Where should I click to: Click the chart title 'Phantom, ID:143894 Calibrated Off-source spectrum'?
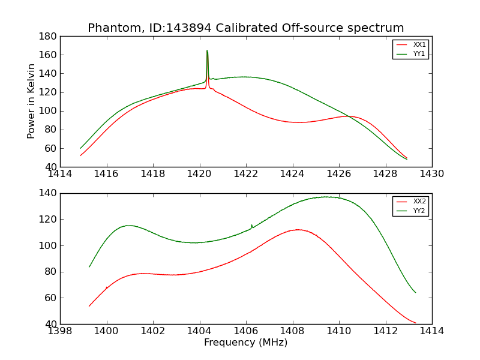[x=245, y=28]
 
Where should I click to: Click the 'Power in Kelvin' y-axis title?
[x=31, y=101]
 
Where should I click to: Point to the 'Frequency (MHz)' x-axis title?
[x=245, y=343]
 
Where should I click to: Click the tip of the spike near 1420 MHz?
[x=207, y=50]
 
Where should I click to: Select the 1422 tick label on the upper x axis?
[x=246, y=174]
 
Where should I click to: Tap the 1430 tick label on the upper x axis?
[x=431, y=174]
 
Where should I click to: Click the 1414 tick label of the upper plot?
[x=61, y=174]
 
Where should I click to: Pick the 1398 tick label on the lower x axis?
[x=61, y=331]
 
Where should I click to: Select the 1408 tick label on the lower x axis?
[x=292, y=331]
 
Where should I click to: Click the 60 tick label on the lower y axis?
[x=49, y=298]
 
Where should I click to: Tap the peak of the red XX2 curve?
[x=297, y=229]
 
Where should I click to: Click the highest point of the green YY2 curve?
[x=326, y=197]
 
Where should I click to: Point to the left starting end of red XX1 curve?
[x=80, y=156]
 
